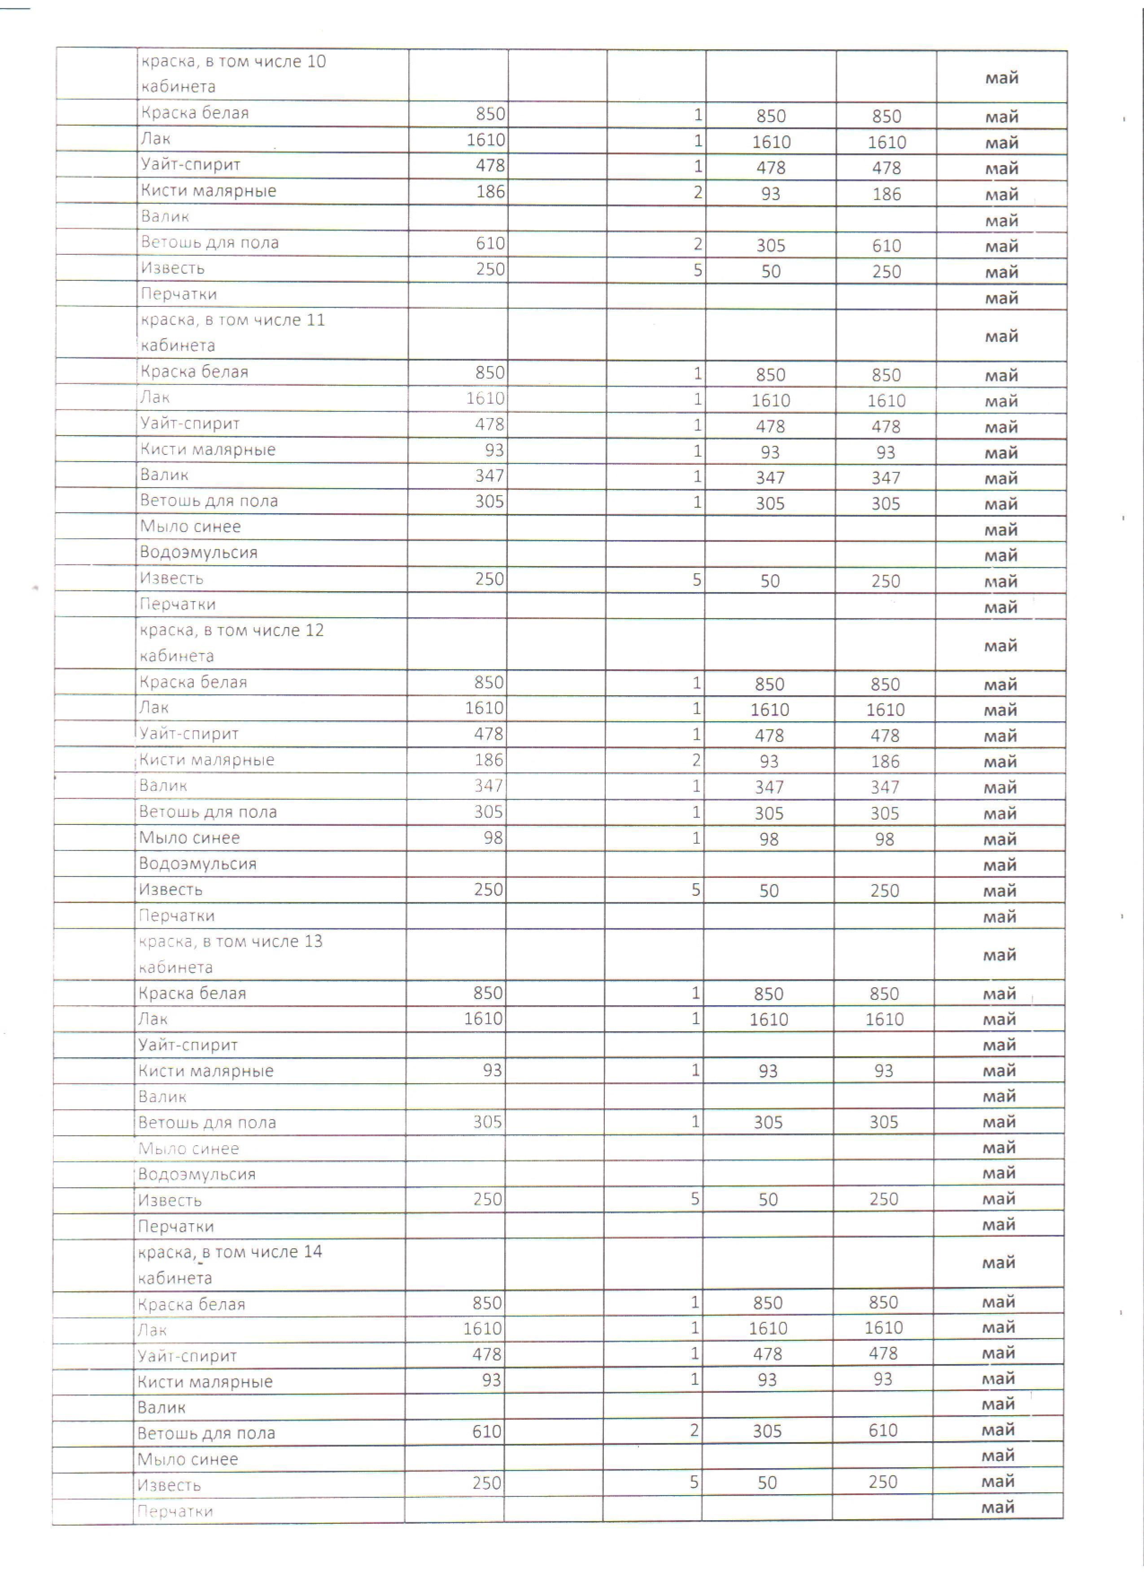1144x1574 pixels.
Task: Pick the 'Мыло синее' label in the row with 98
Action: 189,837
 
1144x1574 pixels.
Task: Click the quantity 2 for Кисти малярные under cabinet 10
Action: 698,192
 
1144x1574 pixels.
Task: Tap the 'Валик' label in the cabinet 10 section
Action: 165,217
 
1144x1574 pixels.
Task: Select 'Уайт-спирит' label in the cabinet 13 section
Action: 188,1045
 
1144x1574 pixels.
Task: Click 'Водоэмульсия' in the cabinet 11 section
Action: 198,553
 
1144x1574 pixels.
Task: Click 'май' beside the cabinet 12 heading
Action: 1000,645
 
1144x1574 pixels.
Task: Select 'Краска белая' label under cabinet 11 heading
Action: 194,371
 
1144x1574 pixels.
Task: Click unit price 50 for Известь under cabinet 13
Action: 768,1200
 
